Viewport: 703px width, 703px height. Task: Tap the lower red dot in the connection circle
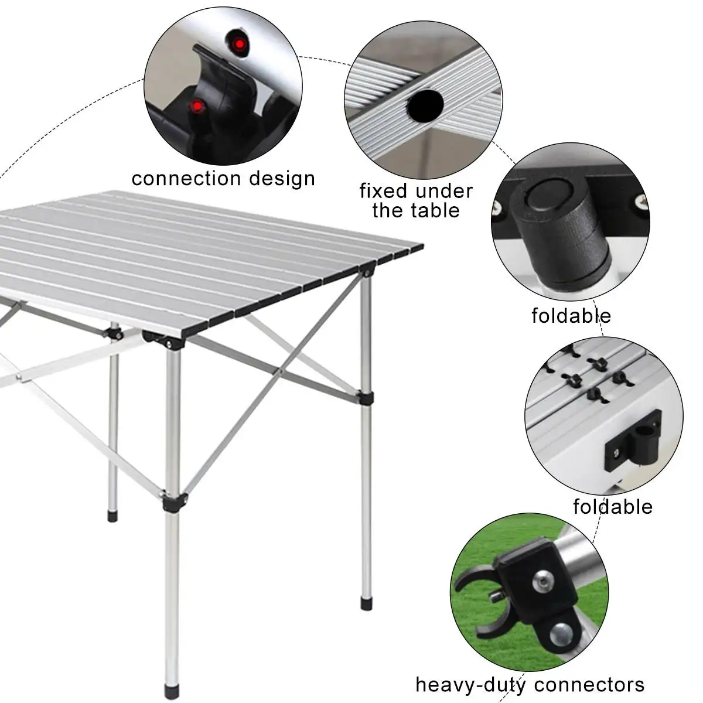tap(196, 106)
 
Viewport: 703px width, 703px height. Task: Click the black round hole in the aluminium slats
tap(426, 106)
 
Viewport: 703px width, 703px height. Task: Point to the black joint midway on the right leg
tap(366, 398)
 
